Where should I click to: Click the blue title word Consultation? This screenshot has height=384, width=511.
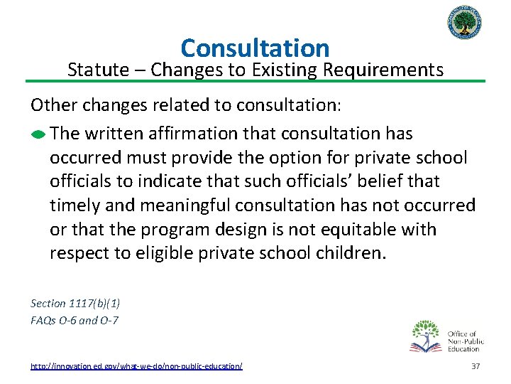(255, 48)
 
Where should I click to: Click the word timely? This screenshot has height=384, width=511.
(75, 206)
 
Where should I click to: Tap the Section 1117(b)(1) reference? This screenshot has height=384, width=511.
(75, 303)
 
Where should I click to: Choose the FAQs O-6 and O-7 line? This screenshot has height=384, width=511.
(75, 320)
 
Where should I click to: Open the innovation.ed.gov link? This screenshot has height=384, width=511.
(136, 366)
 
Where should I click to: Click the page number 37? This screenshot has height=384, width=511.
(476, 366)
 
